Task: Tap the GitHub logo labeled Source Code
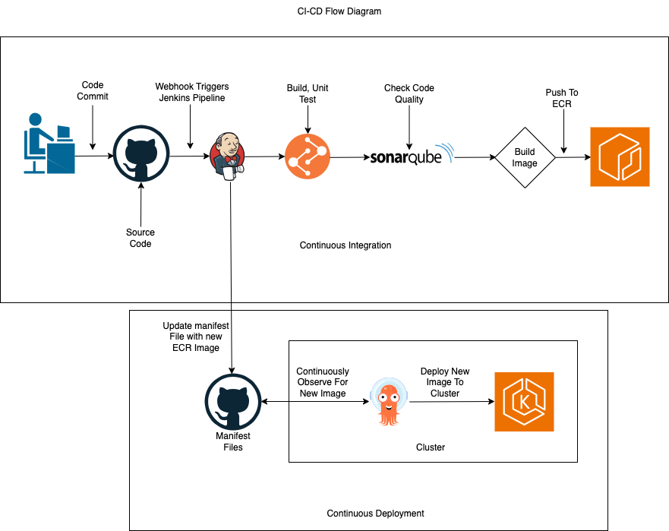(x=140, y=156)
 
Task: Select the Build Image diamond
(x=525, y=157)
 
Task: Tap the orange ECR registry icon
(x=620, y=156)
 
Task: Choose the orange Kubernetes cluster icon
(x=524, y=401)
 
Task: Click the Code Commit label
(x=93, y=90)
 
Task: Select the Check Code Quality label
(x=409, y=93)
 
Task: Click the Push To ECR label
(x=561, y=98)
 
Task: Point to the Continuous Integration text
(x=346, y=245)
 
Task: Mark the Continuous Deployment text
(x=375, y=514)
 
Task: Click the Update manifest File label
(x=196, y=337)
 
